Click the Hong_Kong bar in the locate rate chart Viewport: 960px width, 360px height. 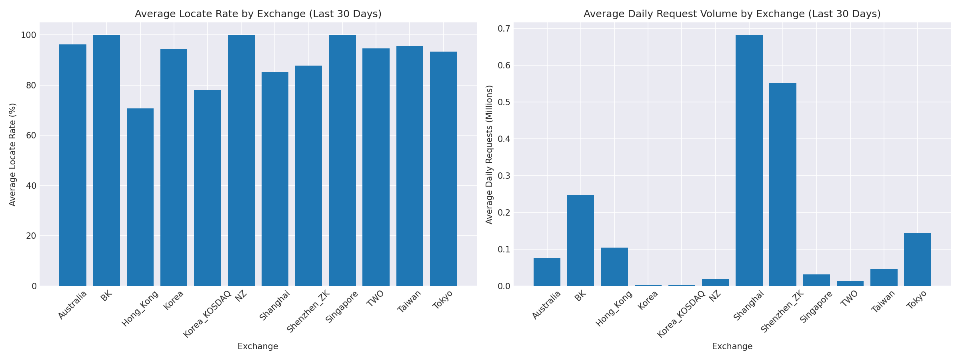(140, 197)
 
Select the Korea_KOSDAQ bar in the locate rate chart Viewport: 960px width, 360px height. (208, 188)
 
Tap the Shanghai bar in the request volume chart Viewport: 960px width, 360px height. (749, 160)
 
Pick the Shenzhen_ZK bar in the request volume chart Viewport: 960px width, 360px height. (783, 184)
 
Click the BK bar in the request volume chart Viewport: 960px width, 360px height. (580, 240)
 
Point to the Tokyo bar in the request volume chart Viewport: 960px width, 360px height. (918, 260)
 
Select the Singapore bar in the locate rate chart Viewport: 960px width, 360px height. (342, 160)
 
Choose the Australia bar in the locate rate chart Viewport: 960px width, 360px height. (73, 165)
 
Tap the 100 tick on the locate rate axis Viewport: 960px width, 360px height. (28, 35)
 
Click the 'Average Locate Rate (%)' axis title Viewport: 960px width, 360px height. (12, 154)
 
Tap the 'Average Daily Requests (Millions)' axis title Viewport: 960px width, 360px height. (489, 154)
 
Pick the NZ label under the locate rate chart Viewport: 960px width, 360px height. (242, 296)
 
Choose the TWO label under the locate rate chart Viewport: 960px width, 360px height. (375, 298)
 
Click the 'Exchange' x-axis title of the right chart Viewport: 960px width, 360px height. (732, 346)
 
